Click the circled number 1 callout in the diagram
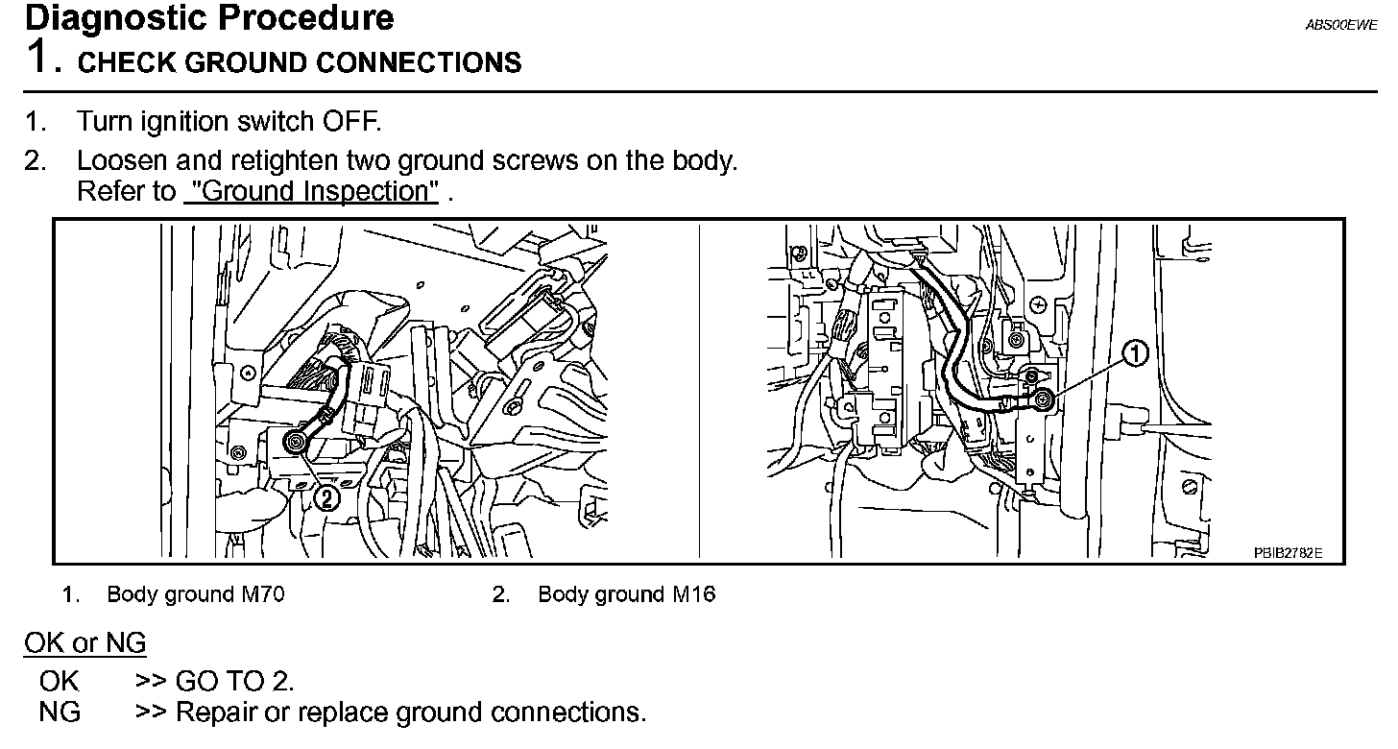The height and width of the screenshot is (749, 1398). [1135, 355]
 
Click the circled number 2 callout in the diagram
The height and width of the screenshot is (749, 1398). [326, 497]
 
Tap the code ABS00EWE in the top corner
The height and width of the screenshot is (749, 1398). [1340, 26]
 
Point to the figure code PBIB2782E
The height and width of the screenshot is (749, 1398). [1288, 553]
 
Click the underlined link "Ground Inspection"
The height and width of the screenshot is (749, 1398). [310, 191]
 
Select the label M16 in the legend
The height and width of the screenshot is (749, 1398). [693, 594]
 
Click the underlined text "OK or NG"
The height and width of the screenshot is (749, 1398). [84, 642]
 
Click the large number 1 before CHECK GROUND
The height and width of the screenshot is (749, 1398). [38, 58]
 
